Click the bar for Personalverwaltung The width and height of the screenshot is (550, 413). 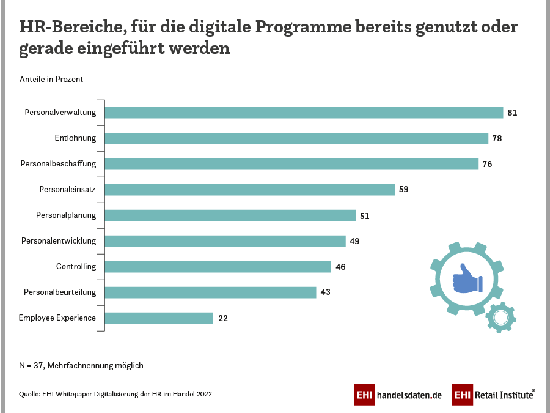[x=304, y=113]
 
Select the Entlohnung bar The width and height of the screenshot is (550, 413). [x=296, y=138]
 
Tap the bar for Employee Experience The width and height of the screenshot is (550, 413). [x=159, y=318]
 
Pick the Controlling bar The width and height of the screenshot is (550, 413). [x=218, y=267]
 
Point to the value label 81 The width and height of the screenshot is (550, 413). [x=513, y=113]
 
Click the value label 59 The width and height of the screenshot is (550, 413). [x=403, y=190]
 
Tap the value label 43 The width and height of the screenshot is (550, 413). [x=325, y=292]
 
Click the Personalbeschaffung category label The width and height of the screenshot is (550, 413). [x=58, y=164]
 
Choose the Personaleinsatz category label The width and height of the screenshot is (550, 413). [x=68, y=190]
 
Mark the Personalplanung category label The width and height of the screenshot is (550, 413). [x=66, y=215]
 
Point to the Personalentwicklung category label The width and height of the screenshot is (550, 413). [x=59, y=241]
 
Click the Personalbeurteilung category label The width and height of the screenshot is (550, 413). [x=60, y=292]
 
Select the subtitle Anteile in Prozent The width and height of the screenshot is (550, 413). [x=51, y=80]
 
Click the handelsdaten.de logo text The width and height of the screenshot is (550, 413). [x=409, y=395]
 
